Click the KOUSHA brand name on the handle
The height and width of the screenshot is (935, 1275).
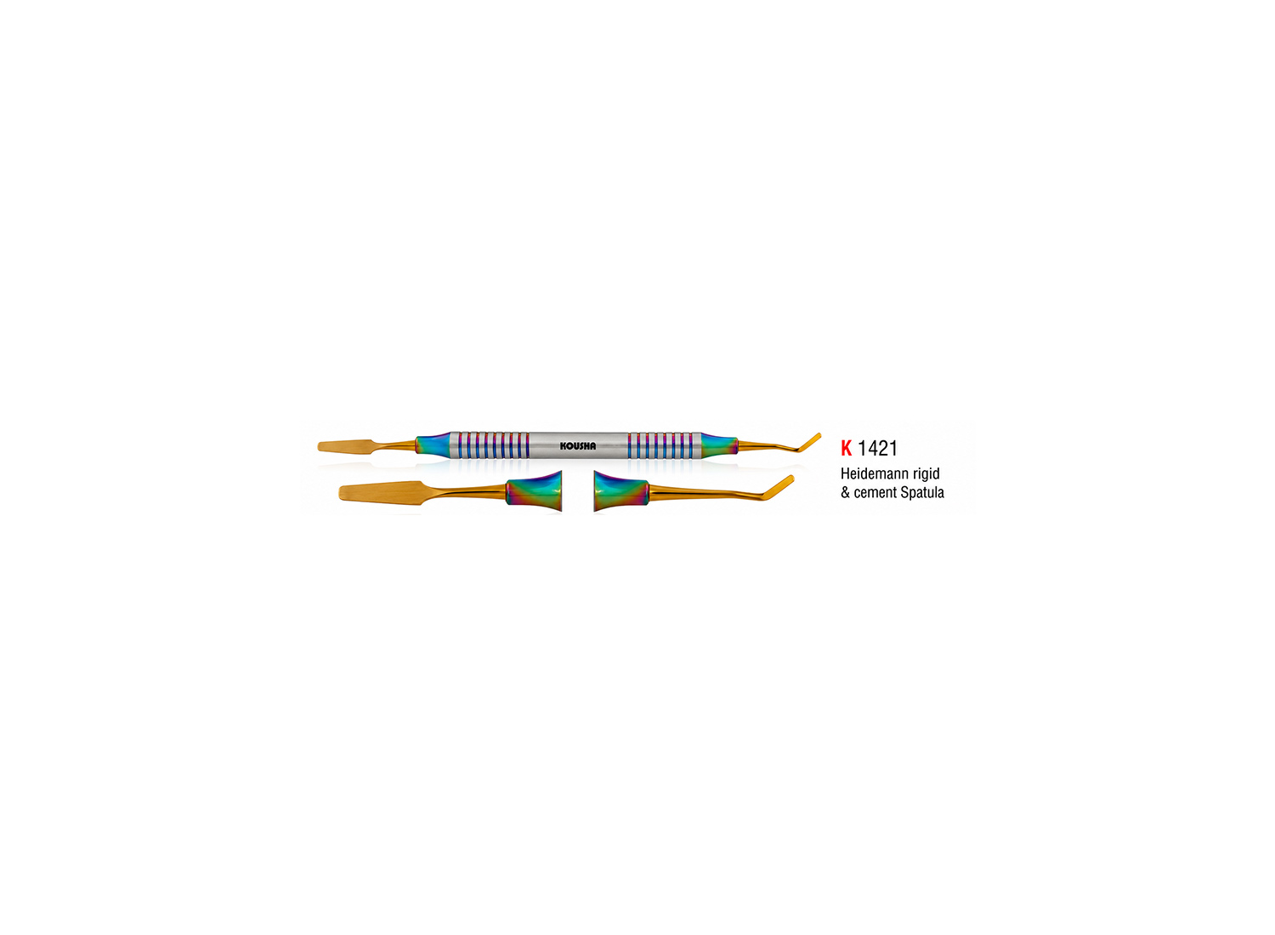pyautogui.click(x=578, y=446)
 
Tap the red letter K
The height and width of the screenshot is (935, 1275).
pyautogui.click(x=847, y=449)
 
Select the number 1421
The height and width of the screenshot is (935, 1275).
pyautogui.click(x=878, y=449)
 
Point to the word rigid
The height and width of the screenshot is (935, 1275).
pyautogui.click(x=926, y=474)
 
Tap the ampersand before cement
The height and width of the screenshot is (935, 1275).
pyautogui.click(x=845, y=493)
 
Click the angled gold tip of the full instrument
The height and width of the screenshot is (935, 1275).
pyautogui.click(x=807, y=442)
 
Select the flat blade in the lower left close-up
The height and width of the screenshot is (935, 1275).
pyautogui.click(x=380, y=492)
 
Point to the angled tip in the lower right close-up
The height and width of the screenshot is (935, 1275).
pyautogui.click(x=779, y=486)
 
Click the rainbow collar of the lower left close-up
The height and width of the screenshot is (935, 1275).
pyautogui.click(x=533, y=490)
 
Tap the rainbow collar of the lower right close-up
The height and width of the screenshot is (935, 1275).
pyautogui.click(x=621, y=490)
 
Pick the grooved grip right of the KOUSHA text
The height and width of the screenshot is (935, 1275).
pyautogui.click(x=664, y=445)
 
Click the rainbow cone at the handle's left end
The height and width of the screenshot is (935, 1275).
pyautogui.click(x=433, y=445)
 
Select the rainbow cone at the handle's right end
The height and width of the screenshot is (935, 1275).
pyautogui.click(x=719, y=445)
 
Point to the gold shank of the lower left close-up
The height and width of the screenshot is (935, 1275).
pyautogui.click(x=464, y=491)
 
